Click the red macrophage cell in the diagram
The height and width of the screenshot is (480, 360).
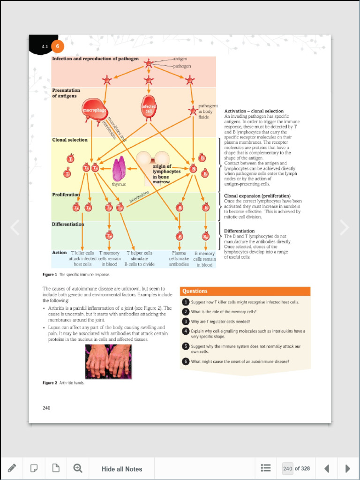coord(95,111)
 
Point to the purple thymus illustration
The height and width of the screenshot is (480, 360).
coord(119,169)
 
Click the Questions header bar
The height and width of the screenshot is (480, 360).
coord(245,291)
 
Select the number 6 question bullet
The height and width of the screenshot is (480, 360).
coord(186,361)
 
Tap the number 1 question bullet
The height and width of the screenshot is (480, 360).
coord(186,302)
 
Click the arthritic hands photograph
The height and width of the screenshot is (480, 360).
coord(108,361)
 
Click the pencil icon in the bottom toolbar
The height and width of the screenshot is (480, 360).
coord(12,468)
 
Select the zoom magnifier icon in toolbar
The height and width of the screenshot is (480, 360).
coord(78,468)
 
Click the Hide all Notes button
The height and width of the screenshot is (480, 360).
coord(122,469)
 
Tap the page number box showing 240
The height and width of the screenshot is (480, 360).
coord(288,468)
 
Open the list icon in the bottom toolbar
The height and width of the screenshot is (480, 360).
coord(266,468)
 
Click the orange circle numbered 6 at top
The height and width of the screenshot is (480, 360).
coord(57,46)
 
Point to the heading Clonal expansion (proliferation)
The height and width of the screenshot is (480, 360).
coord(257,196)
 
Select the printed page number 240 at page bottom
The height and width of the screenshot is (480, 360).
coord(46,408)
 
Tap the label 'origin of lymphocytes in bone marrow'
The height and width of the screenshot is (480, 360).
coord(166,173)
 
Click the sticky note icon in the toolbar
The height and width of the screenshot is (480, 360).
coord(34,468)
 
